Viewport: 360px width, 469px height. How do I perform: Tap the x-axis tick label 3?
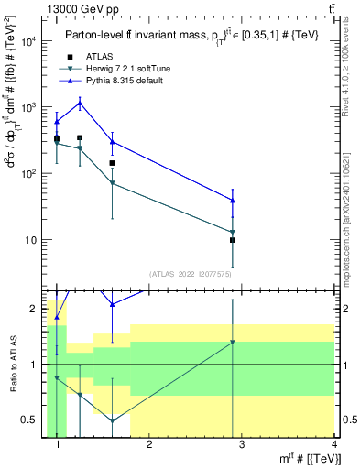pos(241,444)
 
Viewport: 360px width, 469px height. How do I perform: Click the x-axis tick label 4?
pos(333,444)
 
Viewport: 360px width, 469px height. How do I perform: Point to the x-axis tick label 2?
pos(149,444)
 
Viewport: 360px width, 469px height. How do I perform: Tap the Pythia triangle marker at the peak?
pos(80,104)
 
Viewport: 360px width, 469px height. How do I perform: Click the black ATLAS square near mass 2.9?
pos(233,240)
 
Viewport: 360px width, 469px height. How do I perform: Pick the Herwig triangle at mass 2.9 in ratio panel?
pos(233,343)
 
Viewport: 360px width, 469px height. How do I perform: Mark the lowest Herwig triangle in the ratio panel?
pos(112,420)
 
